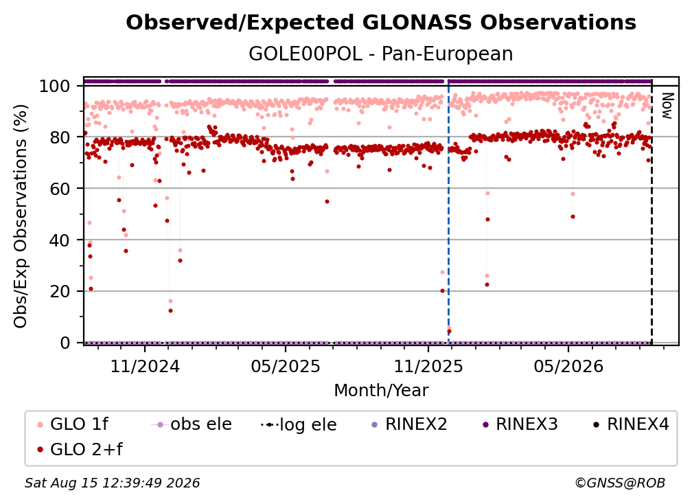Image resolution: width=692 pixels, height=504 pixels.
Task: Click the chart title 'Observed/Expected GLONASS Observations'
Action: tap(381, 23)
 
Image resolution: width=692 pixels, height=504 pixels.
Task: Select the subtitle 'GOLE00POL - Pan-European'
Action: tap(381, 54)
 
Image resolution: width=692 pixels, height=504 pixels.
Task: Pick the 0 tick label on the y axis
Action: tap(65, 343)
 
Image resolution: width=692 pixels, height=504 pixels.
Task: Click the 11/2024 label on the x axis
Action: tap(146, 366)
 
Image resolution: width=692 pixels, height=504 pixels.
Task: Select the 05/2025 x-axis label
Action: tap(286, 366)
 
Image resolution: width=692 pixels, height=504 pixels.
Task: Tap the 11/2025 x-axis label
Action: tap(428, 366)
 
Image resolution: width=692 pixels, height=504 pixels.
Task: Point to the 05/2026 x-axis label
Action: tap(568, 366)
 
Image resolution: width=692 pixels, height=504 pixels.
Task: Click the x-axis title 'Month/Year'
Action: tap(381, 391)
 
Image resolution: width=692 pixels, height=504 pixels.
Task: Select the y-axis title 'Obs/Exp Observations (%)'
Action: tap(21, 216)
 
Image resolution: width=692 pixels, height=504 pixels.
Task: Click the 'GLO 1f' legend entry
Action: tap(73, 424)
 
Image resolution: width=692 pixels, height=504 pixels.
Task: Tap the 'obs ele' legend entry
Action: tap(191, 424)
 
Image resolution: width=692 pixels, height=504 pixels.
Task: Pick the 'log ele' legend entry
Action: tap(299, 424)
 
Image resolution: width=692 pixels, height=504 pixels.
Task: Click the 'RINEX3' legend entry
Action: tap(520, 424)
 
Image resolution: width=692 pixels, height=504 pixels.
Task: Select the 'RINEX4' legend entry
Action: tap(631, 424)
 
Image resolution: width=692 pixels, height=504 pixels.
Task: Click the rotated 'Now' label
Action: tap(667, 106)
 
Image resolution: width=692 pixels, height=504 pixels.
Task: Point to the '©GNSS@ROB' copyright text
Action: tap(620, 483)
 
